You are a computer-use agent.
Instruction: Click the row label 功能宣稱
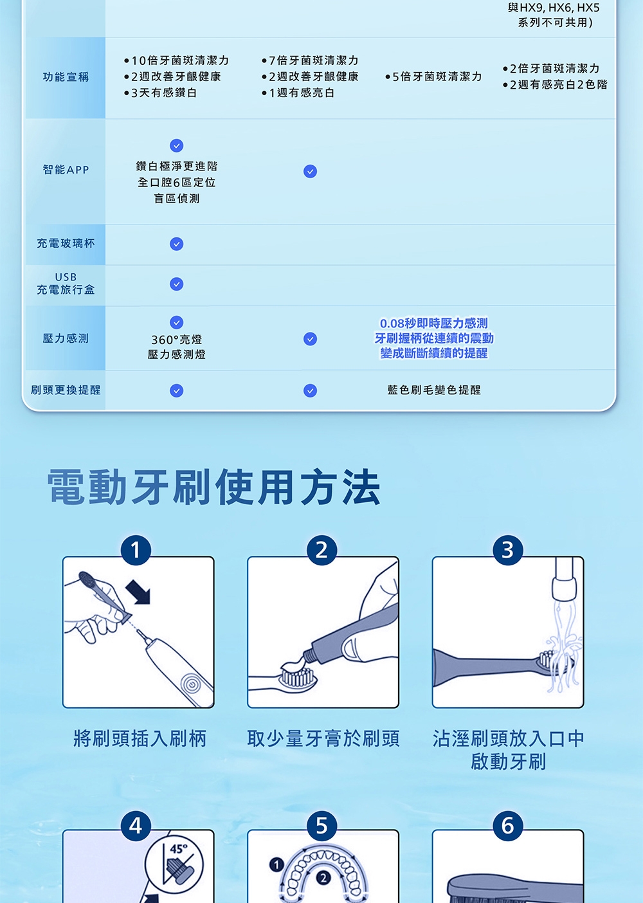point(66,77)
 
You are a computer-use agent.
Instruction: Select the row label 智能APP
point(66,170)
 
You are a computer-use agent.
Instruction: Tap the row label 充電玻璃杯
point(66,244)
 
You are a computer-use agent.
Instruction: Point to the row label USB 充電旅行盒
point(66,284)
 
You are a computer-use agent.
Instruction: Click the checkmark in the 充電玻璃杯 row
point(176,244)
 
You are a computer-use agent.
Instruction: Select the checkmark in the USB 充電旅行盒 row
point(176,284)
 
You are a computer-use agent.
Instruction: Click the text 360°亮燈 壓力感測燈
point(176,347)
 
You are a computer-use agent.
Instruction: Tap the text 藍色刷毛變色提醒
point(433,390)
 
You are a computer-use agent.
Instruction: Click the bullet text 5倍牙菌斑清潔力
point(437,77)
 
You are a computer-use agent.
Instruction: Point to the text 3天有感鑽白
point(164,93)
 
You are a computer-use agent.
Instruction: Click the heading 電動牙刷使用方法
point(213,488)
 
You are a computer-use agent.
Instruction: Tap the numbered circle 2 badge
point(321,550)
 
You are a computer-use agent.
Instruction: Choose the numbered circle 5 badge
point(321,825)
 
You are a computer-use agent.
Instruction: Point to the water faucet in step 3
point(563,579)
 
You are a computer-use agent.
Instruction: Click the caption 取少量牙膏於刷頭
point(323,739)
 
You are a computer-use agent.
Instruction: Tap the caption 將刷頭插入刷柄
point(140,739)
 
